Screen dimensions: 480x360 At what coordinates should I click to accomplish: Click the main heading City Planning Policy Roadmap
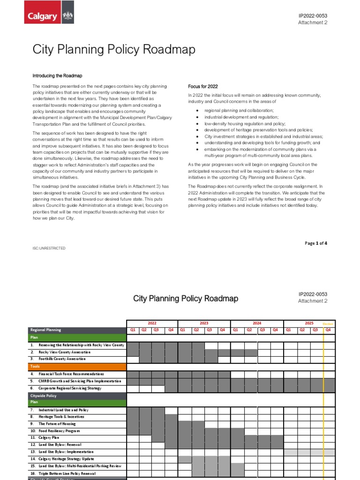point(113,50)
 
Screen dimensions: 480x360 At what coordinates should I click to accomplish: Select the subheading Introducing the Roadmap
point(57,75)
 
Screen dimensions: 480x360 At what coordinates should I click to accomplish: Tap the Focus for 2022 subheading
point(203,87)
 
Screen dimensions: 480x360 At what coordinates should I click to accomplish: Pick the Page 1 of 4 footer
point(316,243)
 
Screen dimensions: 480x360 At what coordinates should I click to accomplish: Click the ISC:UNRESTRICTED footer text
point(49,248)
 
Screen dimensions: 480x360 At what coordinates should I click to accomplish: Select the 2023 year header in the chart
point(204,323)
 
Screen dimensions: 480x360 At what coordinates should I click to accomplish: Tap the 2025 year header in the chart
point(309,323)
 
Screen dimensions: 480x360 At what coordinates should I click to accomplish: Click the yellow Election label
point(328,324)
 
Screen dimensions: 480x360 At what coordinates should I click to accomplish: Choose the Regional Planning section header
point(46,330)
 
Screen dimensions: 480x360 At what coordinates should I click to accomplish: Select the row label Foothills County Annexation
point(62,359)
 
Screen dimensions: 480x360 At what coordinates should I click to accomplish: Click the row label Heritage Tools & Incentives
point(61,417)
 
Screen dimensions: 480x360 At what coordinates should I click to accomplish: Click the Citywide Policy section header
point(44,396)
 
